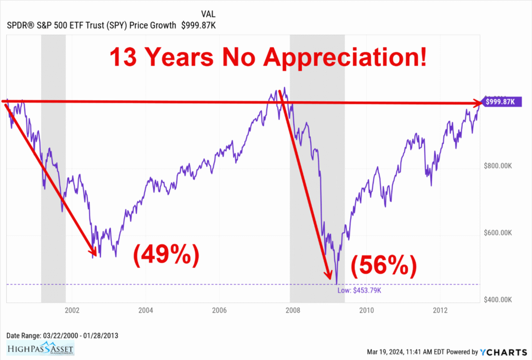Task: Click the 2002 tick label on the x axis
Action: tap(72, 311)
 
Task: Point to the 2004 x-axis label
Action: tap(145, 311)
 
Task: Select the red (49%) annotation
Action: tap(166, 255)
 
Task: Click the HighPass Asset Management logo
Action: tap(41, 348)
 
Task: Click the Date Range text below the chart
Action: tap(62, 335)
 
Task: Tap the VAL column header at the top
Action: tap(208, 14)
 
